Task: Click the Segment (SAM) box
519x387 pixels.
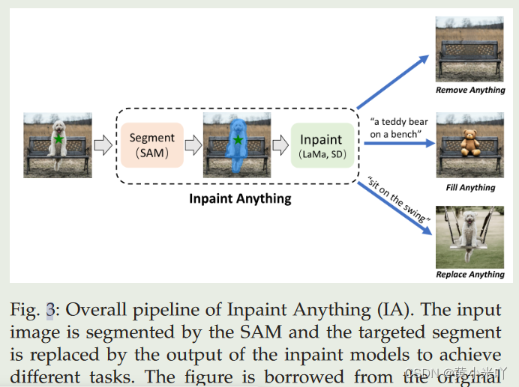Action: [x=151, y=144]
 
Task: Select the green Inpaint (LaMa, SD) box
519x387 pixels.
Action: [x=321, y=144]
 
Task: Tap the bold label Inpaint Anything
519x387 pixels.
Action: [x=240, y=199]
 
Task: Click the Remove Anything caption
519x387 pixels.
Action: [x=471, y=90]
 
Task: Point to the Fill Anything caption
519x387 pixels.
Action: [x=471, y=187]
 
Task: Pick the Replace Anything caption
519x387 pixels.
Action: [x=470, y=275]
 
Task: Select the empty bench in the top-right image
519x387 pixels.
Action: [x=469, y=55]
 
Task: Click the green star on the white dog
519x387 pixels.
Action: [x=58, y=139]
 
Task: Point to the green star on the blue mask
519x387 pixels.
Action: [x=238, y=140]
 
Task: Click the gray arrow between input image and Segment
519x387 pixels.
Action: [x=103, y=145]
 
